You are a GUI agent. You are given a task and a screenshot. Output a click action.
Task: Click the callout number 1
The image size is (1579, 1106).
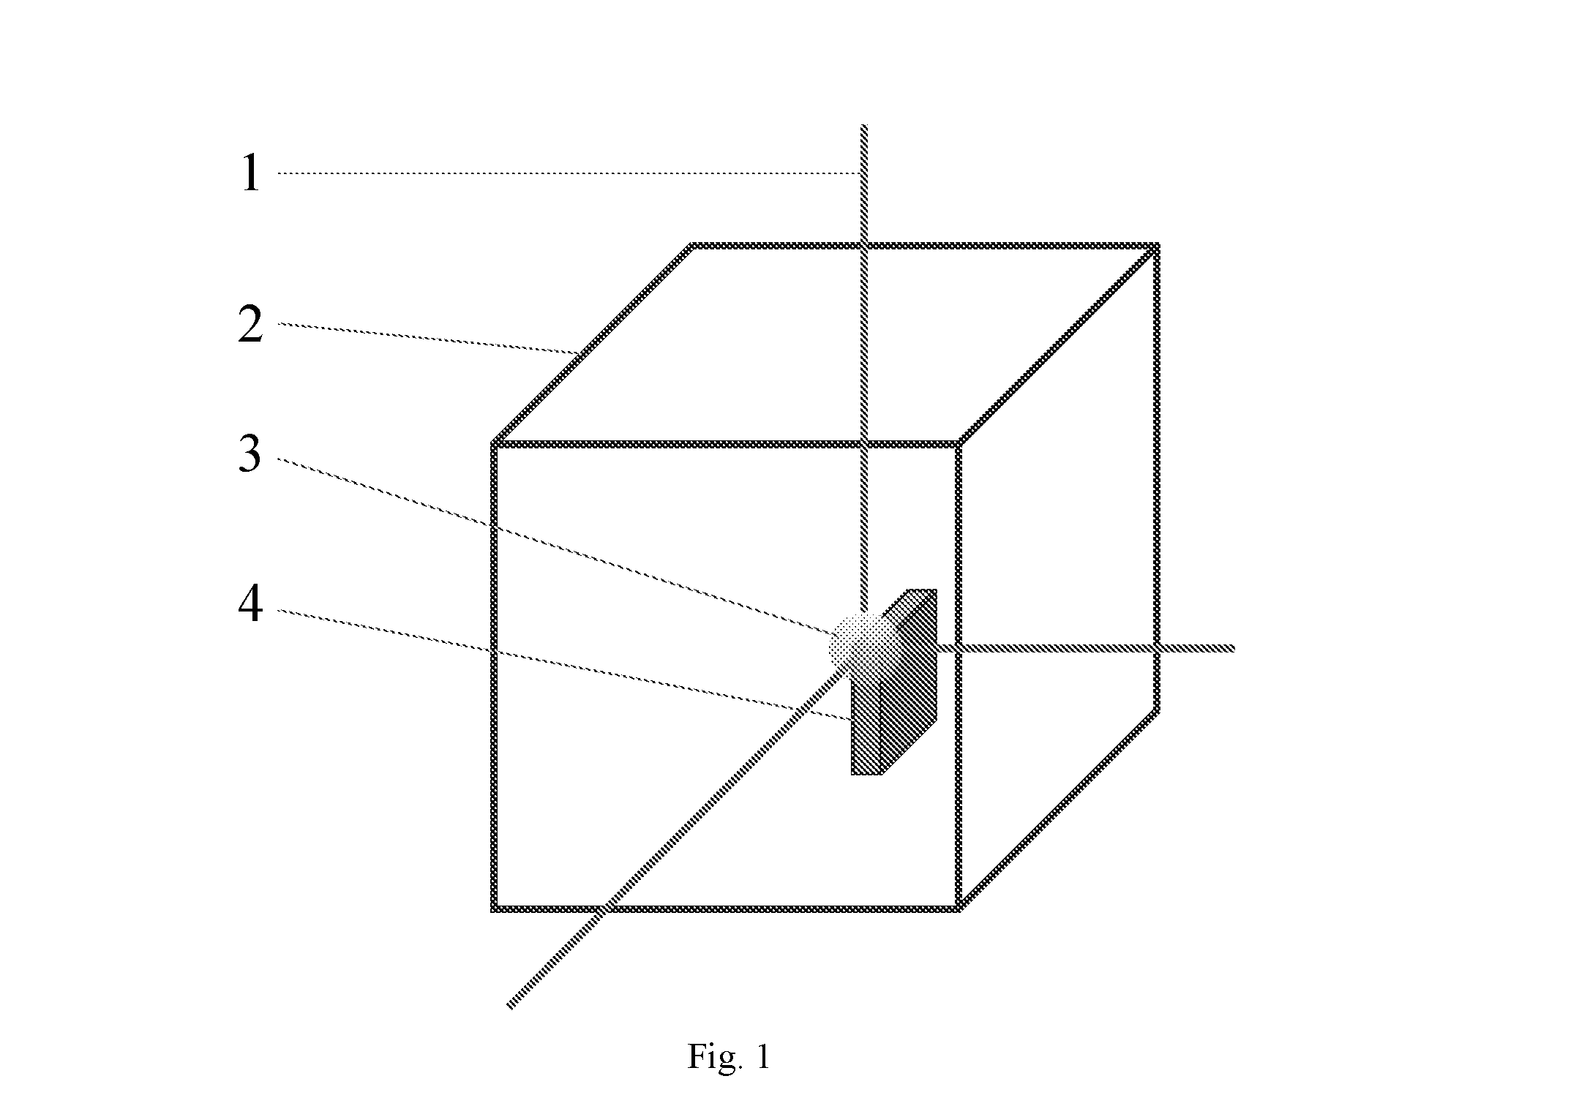(x=251, y=173)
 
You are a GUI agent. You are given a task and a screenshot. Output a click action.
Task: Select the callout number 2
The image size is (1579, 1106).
(x=250, y=325)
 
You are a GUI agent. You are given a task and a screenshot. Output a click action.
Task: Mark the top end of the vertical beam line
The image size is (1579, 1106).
(x=864, y=126)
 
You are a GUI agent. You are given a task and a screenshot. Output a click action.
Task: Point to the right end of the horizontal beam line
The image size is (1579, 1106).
(x=1234, y=648)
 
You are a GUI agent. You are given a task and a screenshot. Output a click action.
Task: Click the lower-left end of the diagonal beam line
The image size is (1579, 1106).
(x=509, y=1007)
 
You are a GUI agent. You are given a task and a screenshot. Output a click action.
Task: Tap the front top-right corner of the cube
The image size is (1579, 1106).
(x=958, y=443)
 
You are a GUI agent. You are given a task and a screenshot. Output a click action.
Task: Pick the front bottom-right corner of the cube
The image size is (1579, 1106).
(x=958, y=908)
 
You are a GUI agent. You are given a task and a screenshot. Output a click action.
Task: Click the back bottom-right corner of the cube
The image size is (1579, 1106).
(x=1157, y=710)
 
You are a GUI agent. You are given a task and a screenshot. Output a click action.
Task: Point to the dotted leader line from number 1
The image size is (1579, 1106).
(x=569, y=173)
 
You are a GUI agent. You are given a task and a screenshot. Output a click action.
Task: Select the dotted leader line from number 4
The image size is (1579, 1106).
(x=564, y=664)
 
